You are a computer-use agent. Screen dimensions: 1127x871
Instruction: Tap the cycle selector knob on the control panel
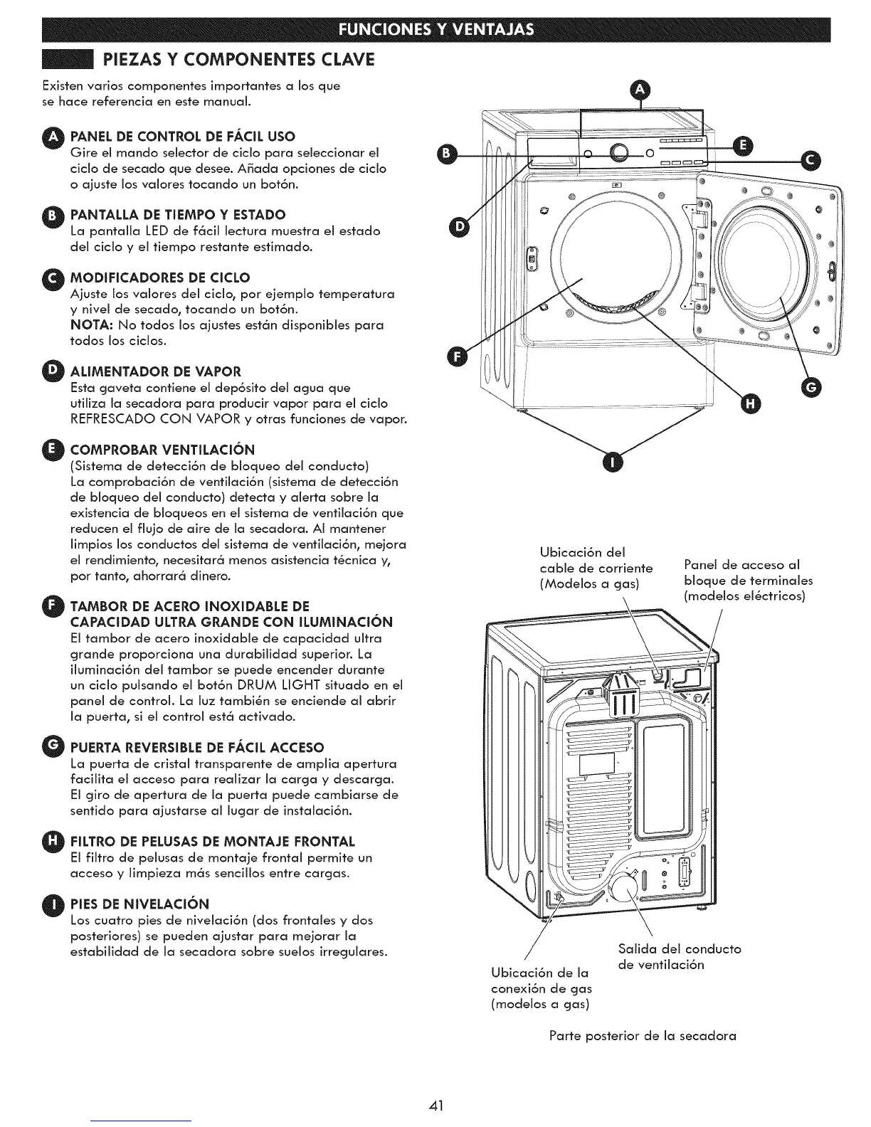click(618, 152)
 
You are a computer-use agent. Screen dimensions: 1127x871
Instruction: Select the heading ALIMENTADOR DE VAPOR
click(156, 371)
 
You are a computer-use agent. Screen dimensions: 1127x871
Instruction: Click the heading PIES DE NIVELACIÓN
click(139, 904)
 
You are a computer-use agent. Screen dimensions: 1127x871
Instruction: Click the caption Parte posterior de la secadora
click(643, 1035)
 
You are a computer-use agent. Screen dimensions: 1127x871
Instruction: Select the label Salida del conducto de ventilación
click(680, 956)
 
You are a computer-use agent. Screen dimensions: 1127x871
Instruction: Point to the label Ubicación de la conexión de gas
click(542, 988)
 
